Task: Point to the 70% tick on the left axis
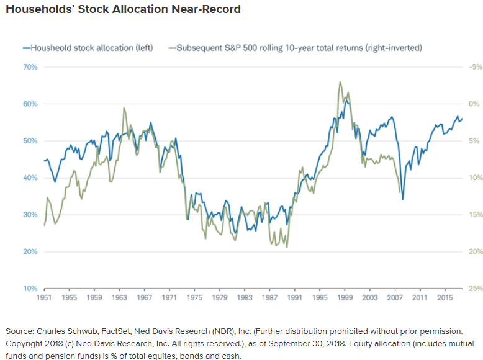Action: click(x=30, y=66)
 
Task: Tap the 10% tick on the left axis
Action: click(x=30, y=289)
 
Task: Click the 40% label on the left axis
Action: click(x=30, y=178)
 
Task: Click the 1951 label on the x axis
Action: click(x=45, y=299)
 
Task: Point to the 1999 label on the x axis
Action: click(x=342, y=299)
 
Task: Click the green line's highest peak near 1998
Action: click(x=340, y=82)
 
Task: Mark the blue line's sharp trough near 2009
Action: click(x=403, y=199)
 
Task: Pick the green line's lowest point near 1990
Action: click(x=287, y=248)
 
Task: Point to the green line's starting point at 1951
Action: click(x=45, y=225)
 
